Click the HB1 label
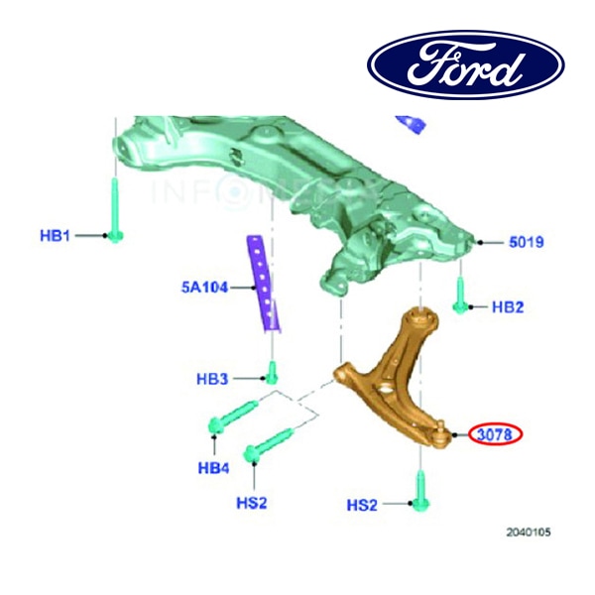pos(56,235)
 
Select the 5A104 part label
pos(204,288)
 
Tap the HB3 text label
pos(212,379)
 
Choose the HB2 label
pos(508,307)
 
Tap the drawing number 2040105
pos(528,533)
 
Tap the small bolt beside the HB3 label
pos(271,374)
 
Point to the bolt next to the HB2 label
pos(462,296)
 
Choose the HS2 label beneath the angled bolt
pos(252,503)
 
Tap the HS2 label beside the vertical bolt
pos(362,505)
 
